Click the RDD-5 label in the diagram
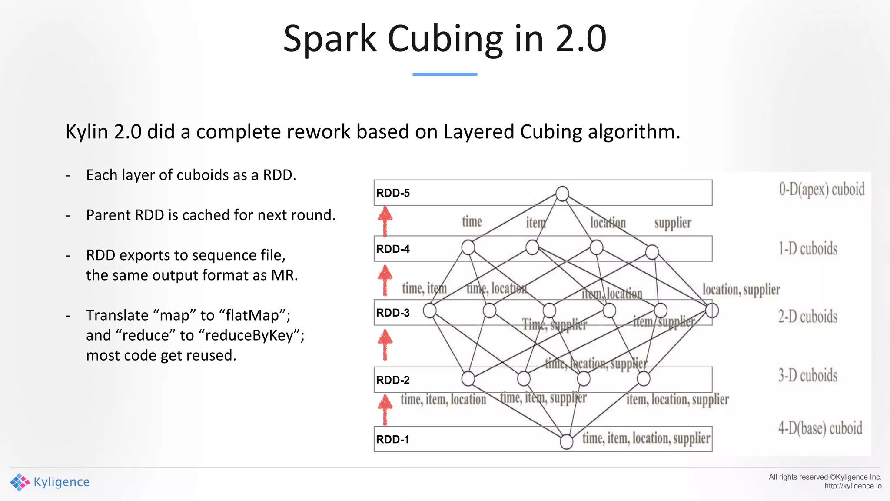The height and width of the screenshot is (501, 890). tap(393, 193)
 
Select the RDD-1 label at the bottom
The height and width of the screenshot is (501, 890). tap(393, 440)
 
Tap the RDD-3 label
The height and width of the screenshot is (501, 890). tap(393, 313)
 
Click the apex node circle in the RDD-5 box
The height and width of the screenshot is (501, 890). tap(562, 194)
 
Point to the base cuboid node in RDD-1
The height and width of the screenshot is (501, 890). tap(566, 441)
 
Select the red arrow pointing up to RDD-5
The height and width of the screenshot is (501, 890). tap(385, 220)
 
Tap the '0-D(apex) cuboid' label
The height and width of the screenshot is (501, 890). tap(821, 190)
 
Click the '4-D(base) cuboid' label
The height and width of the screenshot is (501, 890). tap(820, 428)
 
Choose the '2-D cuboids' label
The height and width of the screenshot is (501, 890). tap(807, 317)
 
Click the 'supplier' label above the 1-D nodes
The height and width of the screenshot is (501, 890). tap(673, 223)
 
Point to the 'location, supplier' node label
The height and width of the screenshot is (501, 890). tap(741, 290)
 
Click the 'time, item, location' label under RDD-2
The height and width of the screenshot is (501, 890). tap(443, 399)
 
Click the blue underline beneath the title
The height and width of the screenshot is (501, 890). tap(445, 74)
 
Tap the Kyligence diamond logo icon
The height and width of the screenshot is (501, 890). tap(20, 482)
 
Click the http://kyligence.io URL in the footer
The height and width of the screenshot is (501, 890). tap(853, 486)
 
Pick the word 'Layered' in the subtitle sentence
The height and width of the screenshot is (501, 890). tap(478, 132)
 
